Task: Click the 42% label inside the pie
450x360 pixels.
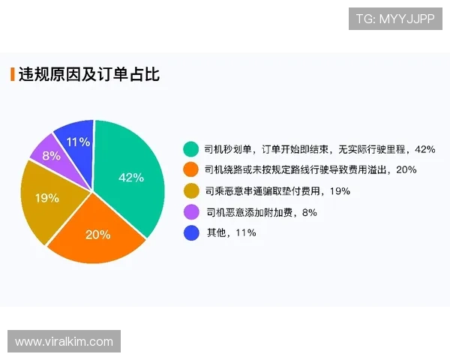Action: (131, 178)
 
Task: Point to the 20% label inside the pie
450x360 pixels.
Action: (97, 234)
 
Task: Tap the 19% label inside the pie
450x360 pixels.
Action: (47, 198)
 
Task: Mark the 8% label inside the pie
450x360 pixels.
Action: (51, 156)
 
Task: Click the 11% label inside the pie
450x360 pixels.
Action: (78, 142)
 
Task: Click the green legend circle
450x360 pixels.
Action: (191, 149)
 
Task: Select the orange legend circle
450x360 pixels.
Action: (191, 170)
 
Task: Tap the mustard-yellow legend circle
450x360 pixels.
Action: (191, 191)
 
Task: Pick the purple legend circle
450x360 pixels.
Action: (191, 212)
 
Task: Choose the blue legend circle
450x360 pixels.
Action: (191, 233)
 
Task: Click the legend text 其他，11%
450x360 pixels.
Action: (231, 233)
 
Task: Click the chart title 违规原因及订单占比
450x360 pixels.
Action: (88, 74)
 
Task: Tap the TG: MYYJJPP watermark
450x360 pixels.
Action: (395, 18)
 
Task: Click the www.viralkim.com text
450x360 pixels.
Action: (64, 342)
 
